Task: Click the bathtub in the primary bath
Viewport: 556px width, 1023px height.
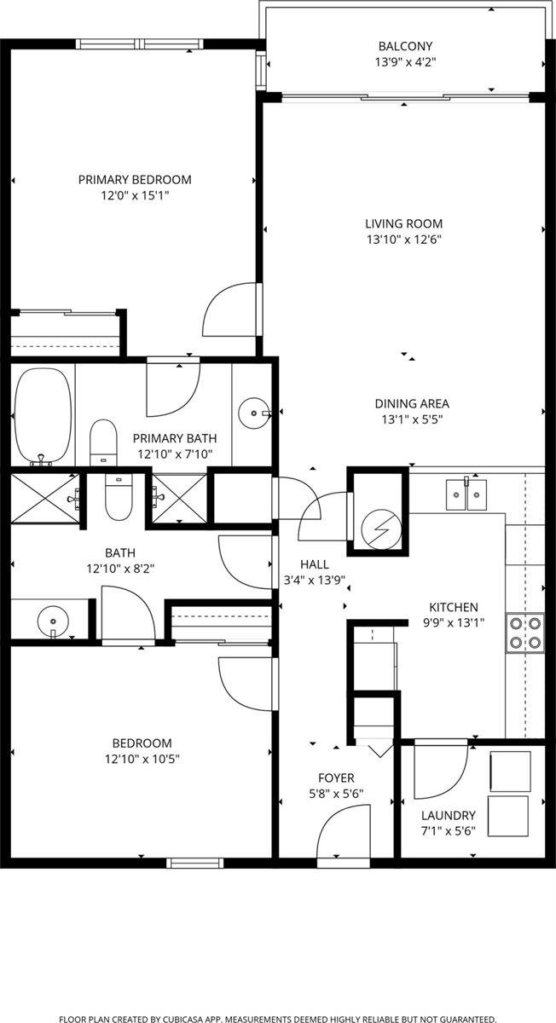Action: point(42,416)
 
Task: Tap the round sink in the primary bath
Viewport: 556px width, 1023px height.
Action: point(253,413)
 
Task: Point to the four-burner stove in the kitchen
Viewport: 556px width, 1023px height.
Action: point(524,632)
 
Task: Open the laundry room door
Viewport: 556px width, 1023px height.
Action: point(439,771)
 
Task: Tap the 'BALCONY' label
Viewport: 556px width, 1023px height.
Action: point(406,46)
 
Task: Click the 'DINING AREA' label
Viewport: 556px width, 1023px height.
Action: point(412,404)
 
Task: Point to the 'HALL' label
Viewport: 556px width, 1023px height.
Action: point(314,564)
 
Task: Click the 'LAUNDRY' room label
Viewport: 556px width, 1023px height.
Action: point(441,814)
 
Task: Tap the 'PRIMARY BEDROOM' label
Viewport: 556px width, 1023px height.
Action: point(135,180)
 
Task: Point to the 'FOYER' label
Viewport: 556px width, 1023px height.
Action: point(336,777)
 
